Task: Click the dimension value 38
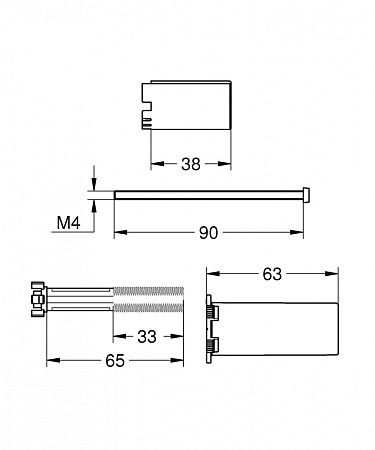tap(191, 164)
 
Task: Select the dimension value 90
tap(208, 233)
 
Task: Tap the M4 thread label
tap(69, 223)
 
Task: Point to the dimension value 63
tap(272, 274)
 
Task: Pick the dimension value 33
tap(147, 337)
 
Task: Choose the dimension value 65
tap(115, 360)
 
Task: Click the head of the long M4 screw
tap(307, 195)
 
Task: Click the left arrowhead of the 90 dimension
tap(121, 232)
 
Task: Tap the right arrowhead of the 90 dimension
tap(297, 232)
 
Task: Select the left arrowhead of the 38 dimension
tap(157, 164)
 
